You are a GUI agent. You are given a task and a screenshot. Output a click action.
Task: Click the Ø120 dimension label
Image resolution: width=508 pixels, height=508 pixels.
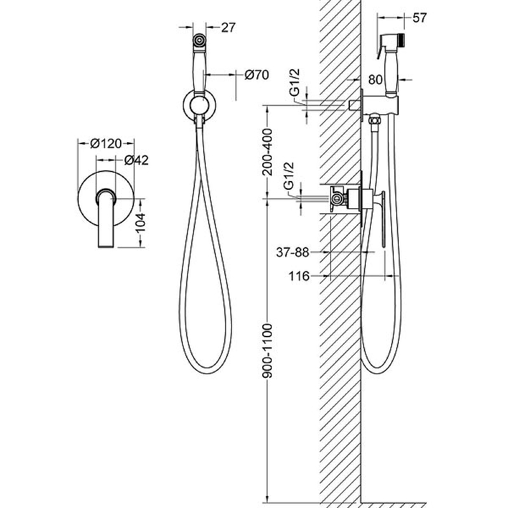[106, 144]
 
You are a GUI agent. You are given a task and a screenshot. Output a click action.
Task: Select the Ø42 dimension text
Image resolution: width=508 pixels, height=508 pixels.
[137, 160]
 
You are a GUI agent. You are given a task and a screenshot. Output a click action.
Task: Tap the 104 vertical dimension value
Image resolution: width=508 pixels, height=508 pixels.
[140, 223]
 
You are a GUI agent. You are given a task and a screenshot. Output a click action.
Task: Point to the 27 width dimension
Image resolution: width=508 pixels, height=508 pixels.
[228, 27]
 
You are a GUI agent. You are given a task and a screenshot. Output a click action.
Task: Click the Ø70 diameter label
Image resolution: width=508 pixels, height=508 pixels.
[257, 75]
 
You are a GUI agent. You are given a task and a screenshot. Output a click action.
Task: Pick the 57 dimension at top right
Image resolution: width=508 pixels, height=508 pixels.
[420, 18]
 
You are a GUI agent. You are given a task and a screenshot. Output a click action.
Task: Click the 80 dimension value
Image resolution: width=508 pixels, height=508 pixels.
[375, 79]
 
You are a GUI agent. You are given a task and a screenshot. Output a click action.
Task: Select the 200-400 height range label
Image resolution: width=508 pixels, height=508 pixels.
[267, 152]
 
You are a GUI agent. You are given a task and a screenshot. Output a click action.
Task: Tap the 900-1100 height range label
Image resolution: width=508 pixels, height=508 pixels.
[267, 351]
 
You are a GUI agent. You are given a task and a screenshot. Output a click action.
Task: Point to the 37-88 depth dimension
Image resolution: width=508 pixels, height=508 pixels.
[293, 252]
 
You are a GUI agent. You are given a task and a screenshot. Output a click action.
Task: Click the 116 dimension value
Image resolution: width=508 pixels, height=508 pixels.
[298, 276]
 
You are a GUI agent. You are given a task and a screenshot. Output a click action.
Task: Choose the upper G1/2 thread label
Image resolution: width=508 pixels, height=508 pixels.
[295, 83]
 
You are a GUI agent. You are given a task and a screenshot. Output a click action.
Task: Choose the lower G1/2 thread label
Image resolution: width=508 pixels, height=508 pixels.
[288, 176]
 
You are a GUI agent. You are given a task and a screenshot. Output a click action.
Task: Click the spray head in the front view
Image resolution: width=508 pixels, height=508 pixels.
[199, 40]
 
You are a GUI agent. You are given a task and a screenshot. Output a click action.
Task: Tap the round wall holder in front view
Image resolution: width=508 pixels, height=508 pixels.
[199, 105]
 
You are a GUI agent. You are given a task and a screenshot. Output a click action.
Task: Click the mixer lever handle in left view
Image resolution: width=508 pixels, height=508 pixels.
[105, 218]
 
